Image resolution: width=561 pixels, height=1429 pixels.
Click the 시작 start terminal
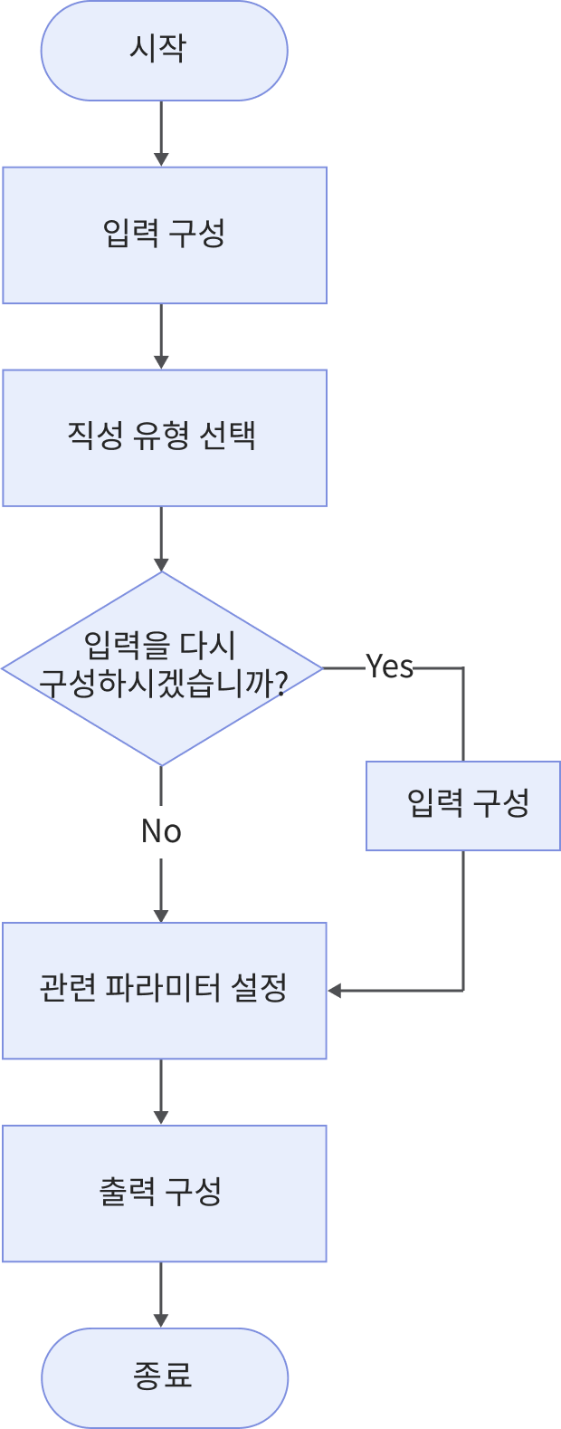[164, 50]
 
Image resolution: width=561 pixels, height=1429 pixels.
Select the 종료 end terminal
[164, 1377]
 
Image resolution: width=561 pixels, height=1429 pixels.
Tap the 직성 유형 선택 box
[164, 436]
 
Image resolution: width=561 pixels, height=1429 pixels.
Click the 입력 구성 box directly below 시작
[164, 235]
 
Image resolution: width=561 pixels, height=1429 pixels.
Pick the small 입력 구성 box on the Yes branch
[463, 805]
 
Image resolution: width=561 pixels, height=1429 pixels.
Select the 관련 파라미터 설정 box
[164, 990]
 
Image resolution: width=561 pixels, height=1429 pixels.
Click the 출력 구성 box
[164, 1193]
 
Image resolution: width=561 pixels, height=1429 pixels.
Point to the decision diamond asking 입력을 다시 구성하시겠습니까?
[162, 668]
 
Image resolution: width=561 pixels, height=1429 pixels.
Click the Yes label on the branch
[390, 667]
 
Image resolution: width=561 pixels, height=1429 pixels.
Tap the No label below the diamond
[161, 830]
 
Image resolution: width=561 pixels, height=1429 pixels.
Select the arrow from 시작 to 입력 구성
[161, 133]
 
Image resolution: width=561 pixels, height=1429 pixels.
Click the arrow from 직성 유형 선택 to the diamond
[161, 538]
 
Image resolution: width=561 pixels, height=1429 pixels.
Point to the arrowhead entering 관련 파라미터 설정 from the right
[335, 991]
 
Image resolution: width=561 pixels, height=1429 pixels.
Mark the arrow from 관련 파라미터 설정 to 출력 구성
[161, 1092]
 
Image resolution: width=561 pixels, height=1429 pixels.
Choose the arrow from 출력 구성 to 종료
[161, 1295]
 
